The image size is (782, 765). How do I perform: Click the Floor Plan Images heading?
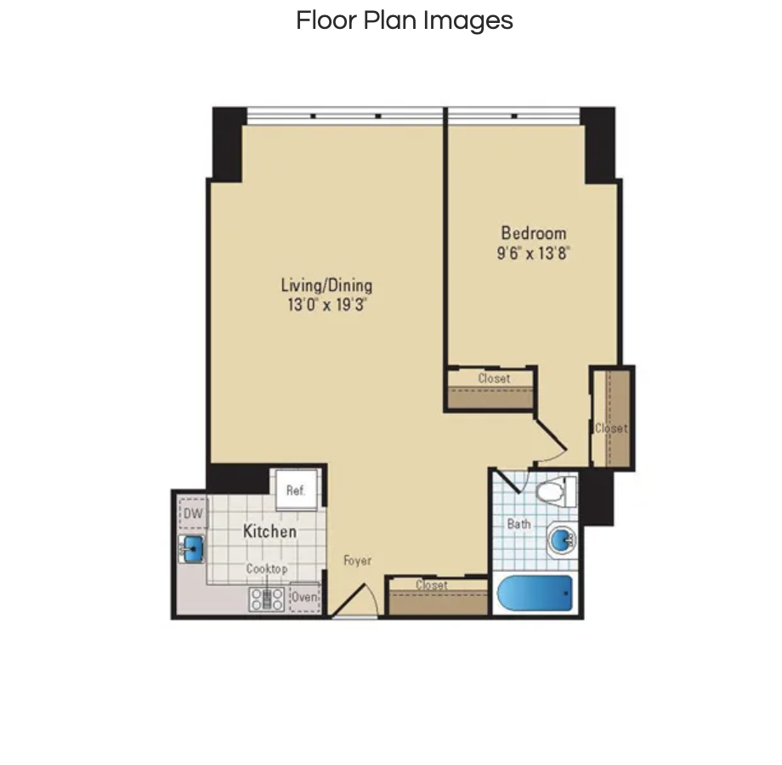click(x=405, y=20)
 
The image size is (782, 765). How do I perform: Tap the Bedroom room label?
click(x=534, y=234)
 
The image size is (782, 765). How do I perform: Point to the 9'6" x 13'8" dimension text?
click(x=533, y=253)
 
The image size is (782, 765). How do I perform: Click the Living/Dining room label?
click(x=326, y=286)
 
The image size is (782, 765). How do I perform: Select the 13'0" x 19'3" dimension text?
click(x=326, y=304)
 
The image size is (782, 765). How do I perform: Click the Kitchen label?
click(x=269, y=531)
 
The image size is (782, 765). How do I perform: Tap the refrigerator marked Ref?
click(x=296, y=490)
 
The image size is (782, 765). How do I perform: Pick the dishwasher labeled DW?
click(x=193, y=513)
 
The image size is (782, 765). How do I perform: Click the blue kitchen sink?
click(x=191, y=548)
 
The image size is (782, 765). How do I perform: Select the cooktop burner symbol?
click(x=267, y=599)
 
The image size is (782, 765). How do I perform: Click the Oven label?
click(x=304, y=597)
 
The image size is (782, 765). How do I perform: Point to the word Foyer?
click(x=358, y=560)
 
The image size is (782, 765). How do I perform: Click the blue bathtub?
click(x=535, y=593)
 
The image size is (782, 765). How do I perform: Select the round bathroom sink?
click(x=562, y=539)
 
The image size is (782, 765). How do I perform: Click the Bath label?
click(x=518, y=524)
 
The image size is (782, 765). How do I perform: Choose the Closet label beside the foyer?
click(x=432, y=585)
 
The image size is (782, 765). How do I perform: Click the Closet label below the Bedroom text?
click(x=494, y=378)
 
